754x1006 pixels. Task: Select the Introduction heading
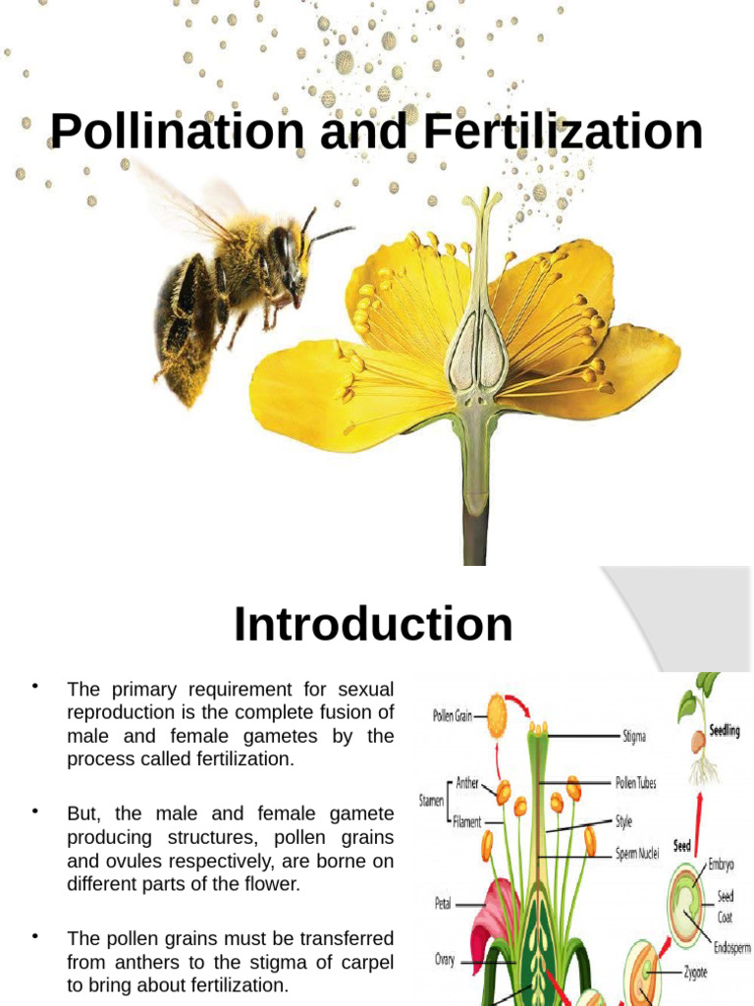[x=373, y=625]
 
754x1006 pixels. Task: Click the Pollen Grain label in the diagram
[x=453, y=716]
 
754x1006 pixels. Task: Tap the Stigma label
[x=634, y=734]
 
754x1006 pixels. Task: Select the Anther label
[x=467, y=783]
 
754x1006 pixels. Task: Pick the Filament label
[x=467, y=821]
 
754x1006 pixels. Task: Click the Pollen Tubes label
[x=635, y=784]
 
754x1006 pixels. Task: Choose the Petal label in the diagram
[x=442, y=902]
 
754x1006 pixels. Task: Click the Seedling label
[x=725, y=731]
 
